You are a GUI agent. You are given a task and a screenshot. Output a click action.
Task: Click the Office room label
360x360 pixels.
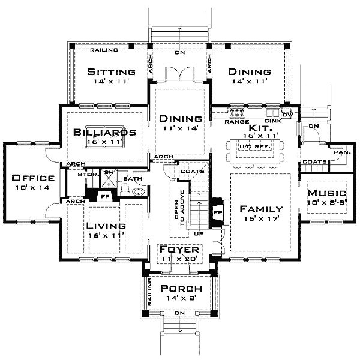coord(34,178)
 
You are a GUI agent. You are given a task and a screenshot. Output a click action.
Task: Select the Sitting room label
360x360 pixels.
coord(110,72)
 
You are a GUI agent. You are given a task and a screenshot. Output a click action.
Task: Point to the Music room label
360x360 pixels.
coord(327,193)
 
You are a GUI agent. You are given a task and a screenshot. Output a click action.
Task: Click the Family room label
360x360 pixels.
coord(261,209)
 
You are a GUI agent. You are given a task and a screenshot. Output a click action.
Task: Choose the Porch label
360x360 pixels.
coord(179,287)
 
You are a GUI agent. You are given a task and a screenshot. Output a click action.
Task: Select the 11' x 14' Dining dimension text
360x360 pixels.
coord(179,128)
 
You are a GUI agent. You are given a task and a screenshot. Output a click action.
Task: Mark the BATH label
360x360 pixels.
coord(131,179)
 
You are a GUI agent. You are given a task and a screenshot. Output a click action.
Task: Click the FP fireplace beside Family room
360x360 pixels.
coord(218,212)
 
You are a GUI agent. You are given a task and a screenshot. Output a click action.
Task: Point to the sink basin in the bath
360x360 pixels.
coord(137,192)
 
